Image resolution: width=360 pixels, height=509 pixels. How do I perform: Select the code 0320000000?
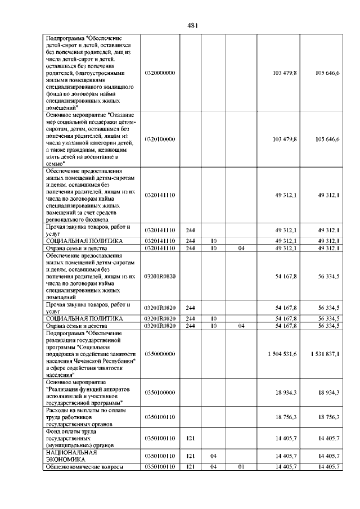160,73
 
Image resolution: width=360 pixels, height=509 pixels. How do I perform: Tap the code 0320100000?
160,139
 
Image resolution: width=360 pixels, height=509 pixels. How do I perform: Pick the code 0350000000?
160,353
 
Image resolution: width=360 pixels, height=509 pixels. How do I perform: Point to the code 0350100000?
160,392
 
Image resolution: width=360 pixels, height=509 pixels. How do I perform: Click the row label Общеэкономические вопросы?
83,467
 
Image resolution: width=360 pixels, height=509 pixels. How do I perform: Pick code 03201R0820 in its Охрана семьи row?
160,326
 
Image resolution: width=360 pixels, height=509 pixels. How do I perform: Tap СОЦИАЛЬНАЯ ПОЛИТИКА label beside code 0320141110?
76,241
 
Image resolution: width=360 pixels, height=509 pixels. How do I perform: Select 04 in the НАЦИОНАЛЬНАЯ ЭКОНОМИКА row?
214,455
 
